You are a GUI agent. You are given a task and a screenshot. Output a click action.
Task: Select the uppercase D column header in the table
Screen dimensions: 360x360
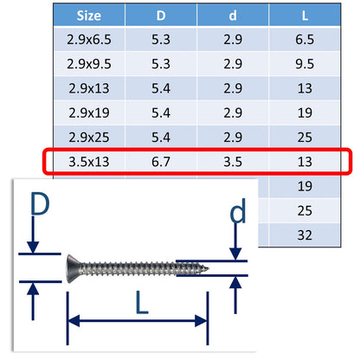pyautogui.click(x=161, y=15)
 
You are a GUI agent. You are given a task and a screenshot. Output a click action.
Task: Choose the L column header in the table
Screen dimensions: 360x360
pyautogui.click(x=305, y=15)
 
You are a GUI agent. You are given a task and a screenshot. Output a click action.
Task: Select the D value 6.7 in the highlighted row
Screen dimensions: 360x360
pyautogui.click(x=161, y=162)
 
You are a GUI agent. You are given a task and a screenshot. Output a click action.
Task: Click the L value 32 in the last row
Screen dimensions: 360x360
pyautogui.click(x=305, y=234)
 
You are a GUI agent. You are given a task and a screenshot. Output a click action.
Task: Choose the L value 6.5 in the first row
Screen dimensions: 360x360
pyautogui.click(x=305, y=40)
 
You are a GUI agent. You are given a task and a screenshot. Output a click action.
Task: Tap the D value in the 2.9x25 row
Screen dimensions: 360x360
pyautogui.click(x=161, y=137)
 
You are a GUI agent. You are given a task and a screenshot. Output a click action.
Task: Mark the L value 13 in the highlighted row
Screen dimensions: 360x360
pyautogui.click(x=305, y=162)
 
